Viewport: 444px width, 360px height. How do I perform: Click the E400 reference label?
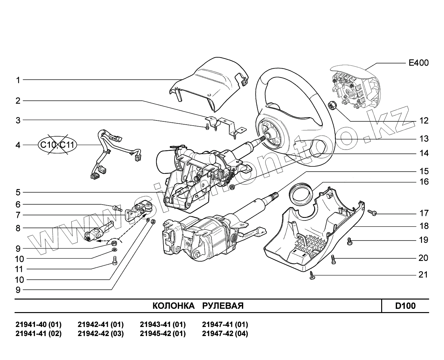pos(418,63)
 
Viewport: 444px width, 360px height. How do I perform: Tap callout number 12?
pos(424,121)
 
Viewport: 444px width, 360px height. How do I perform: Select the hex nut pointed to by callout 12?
pos(332,105)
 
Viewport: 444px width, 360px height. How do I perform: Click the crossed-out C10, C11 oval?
pos(57,145)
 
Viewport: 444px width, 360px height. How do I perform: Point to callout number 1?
pos(18,80)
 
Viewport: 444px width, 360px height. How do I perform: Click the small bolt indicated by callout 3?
pos(207,127)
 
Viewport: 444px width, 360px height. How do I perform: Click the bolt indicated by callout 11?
pos(114,260)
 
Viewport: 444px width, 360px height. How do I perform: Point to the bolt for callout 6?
pos(117,208)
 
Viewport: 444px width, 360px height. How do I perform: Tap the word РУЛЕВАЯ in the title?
pos(223,306)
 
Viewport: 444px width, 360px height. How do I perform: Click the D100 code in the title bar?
pos(405,306)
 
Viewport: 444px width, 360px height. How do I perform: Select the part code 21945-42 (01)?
pos(163,334)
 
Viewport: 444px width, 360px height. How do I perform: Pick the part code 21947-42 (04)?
pos(225,334)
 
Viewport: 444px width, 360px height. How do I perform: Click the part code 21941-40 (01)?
pos(38,324)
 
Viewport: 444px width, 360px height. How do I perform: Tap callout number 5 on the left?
pos(18,192)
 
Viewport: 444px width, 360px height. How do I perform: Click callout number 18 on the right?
pos(424,226)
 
